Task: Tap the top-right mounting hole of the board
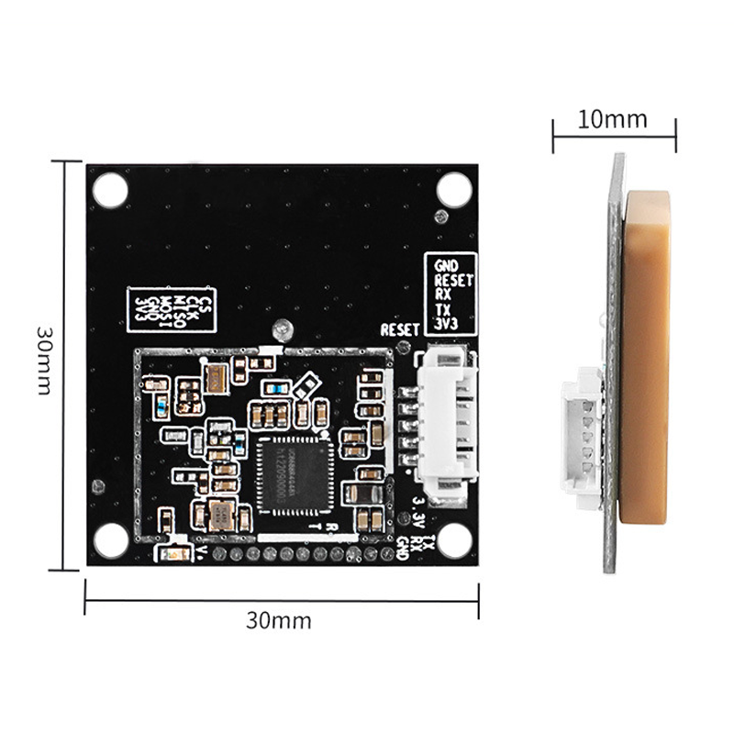452,189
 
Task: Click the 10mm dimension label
614,119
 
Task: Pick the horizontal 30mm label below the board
279,621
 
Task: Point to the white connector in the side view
581,438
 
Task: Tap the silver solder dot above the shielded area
282,328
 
